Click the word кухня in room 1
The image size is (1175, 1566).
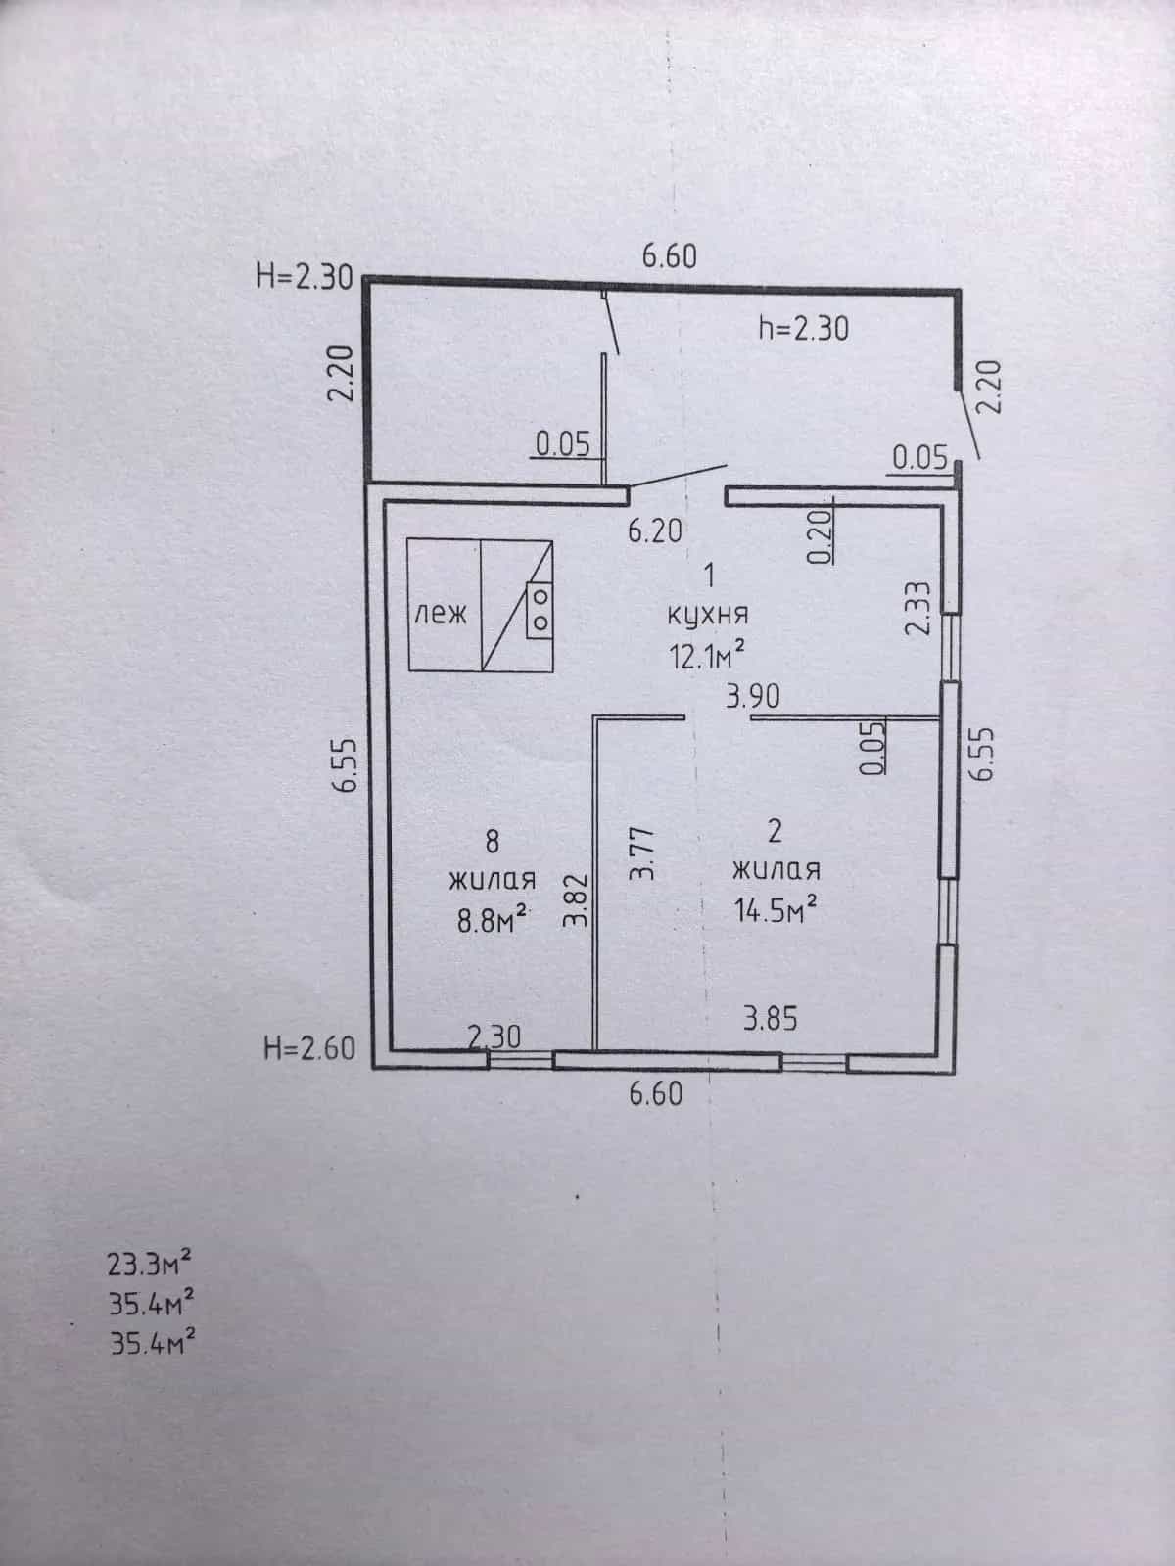[708, 615]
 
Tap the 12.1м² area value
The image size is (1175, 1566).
[707, 654]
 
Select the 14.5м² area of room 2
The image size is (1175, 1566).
[775, 909]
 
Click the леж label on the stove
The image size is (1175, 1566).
[441, 613]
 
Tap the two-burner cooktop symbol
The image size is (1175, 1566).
[540, 610]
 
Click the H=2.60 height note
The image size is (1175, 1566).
[309, 1049]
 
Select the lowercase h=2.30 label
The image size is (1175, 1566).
[803, 329]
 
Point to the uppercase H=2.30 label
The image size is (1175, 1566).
[305, 277]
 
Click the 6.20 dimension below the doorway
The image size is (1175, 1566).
[655, 530]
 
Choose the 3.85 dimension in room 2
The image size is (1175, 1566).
[771, 1019]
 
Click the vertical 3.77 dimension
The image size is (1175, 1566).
[642, 852]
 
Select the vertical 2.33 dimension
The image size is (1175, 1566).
[918, 608]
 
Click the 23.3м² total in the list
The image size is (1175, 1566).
[150, 1264]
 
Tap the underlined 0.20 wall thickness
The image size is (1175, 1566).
[821, 535]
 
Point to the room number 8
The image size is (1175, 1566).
[493, 842]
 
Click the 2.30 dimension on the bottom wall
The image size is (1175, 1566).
[494, 1036]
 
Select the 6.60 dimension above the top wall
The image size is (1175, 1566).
[669, 256]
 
